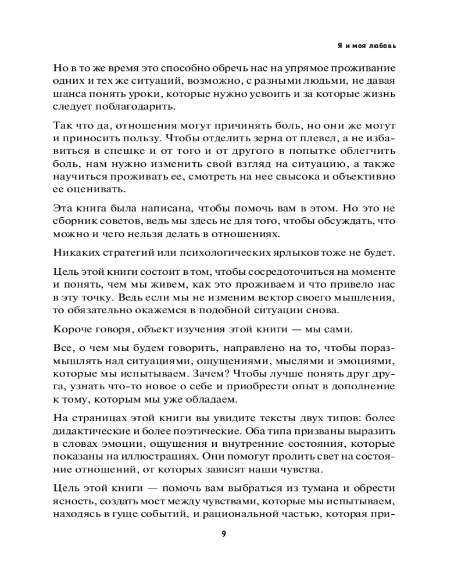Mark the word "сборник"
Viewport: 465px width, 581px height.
click(x=74, y=221)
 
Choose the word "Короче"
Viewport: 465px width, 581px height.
click(x=72, y=329)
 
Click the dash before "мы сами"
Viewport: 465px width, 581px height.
click(x=297, y=329)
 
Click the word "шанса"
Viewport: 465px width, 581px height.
click(x=70, y=94)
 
